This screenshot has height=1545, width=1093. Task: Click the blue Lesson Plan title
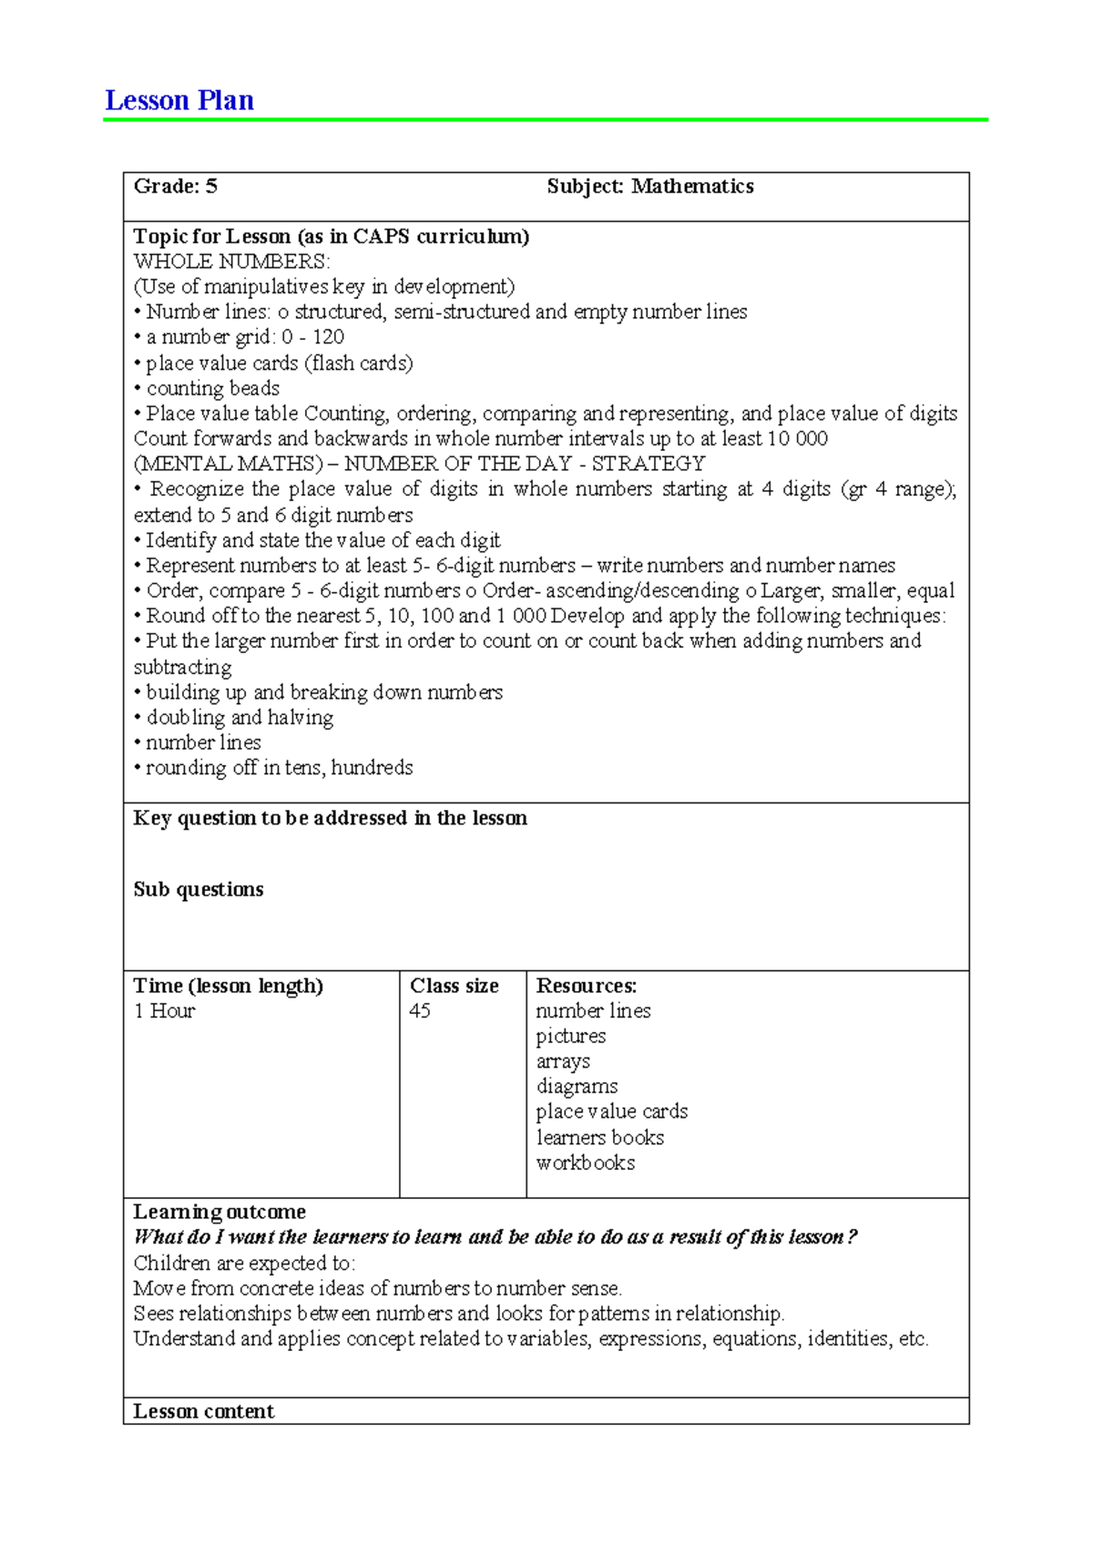pyautogui.click(x=179, y=100)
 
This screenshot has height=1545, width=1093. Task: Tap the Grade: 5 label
pyautogui.click(x=175, y=187)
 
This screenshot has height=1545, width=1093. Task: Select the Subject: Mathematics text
pyautogui.click(x=649, y=187)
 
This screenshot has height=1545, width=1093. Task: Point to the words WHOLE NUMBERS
pyautogui.click(x=231, y=261)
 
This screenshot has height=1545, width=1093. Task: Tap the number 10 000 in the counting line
pyautogui.click(x=797, y=438)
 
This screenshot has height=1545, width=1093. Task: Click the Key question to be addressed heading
pyautogui.click(x=330, y=818)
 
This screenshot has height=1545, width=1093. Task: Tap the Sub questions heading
pyautogui.click(x=199, y=889)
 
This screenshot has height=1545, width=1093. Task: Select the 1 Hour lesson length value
pyautogui.click(x=164, y=1011)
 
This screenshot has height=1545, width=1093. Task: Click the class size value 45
pyautogui.click(x=420, y=1011)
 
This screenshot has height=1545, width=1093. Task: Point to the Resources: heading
pyautogui.click(x=587, y=986)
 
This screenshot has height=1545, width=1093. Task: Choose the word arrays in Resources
pyautogui.click(x=563, y=1061)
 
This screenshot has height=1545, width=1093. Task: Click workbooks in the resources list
pyautogui.click(x=586, y=1163)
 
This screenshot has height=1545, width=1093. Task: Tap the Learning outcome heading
pyautogui.click(x=220, y=1212)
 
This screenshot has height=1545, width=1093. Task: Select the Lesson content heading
pyautogui.click(x=203, y=1411)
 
